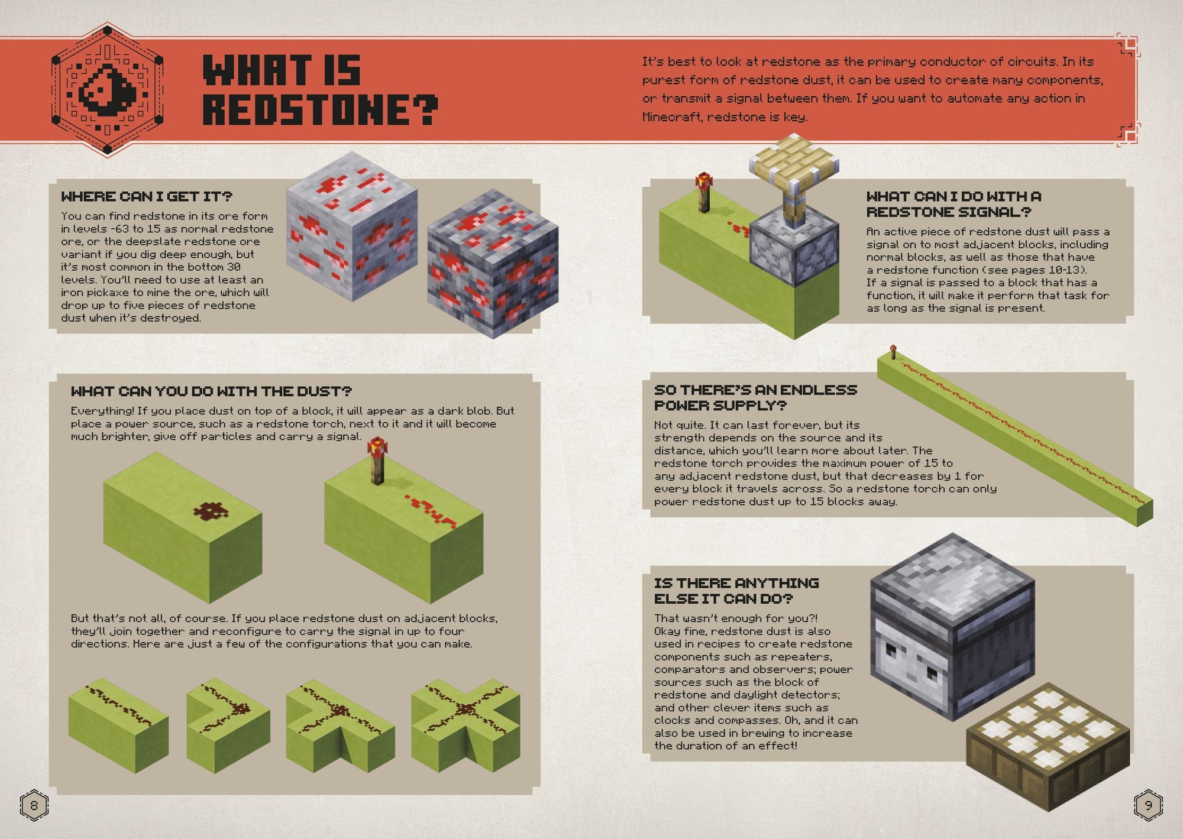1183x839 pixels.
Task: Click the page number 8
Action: [x=34, y=805]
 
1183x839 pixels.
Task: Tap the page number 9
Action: [x=1148, y=805]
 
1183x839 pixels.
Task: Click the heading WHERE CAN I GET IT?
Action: [x=147, y=196]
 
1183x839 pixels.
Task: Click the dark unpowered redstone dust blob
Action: [x=206, y=511]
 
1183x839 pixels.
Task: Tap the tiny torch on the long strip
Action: [x=892, y=352]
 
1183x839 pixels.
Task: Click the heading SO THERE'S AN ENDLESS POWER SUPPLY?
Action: [x=755, y=397]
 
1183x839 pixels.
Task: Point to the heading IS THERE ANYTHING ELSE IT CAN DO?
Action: [x=736, y=591]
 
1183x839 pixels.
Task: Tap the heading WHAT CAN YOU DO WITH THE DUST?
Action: [x=211, y=391]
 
